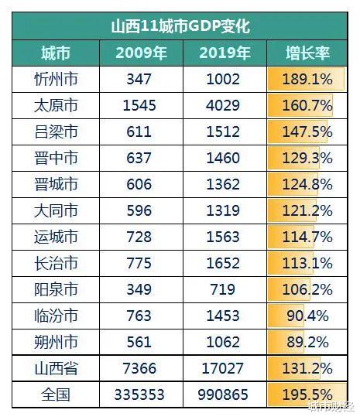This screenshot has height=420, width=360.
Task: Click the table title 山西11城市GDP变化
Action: coord(180,25)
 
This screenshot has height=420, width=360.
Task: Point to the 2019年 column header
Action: coord(225,53)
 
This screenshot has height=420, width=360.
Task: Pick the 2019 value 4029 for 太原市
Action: coord(225,105)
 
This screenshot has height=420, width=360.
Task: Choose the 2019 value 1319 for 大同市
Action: coord(225,210)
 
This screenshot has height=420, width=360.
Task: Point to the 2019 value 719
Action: coord(225,289)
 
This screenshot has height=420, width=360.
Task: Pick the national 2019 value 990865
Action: coord(225,394)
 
